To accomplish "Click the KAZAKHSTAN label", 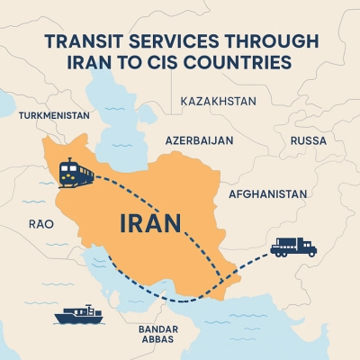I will point(218,101).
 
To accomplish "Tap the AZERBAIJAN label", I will point(199,141).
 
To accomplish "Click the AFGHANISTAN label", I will point(268,193).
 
